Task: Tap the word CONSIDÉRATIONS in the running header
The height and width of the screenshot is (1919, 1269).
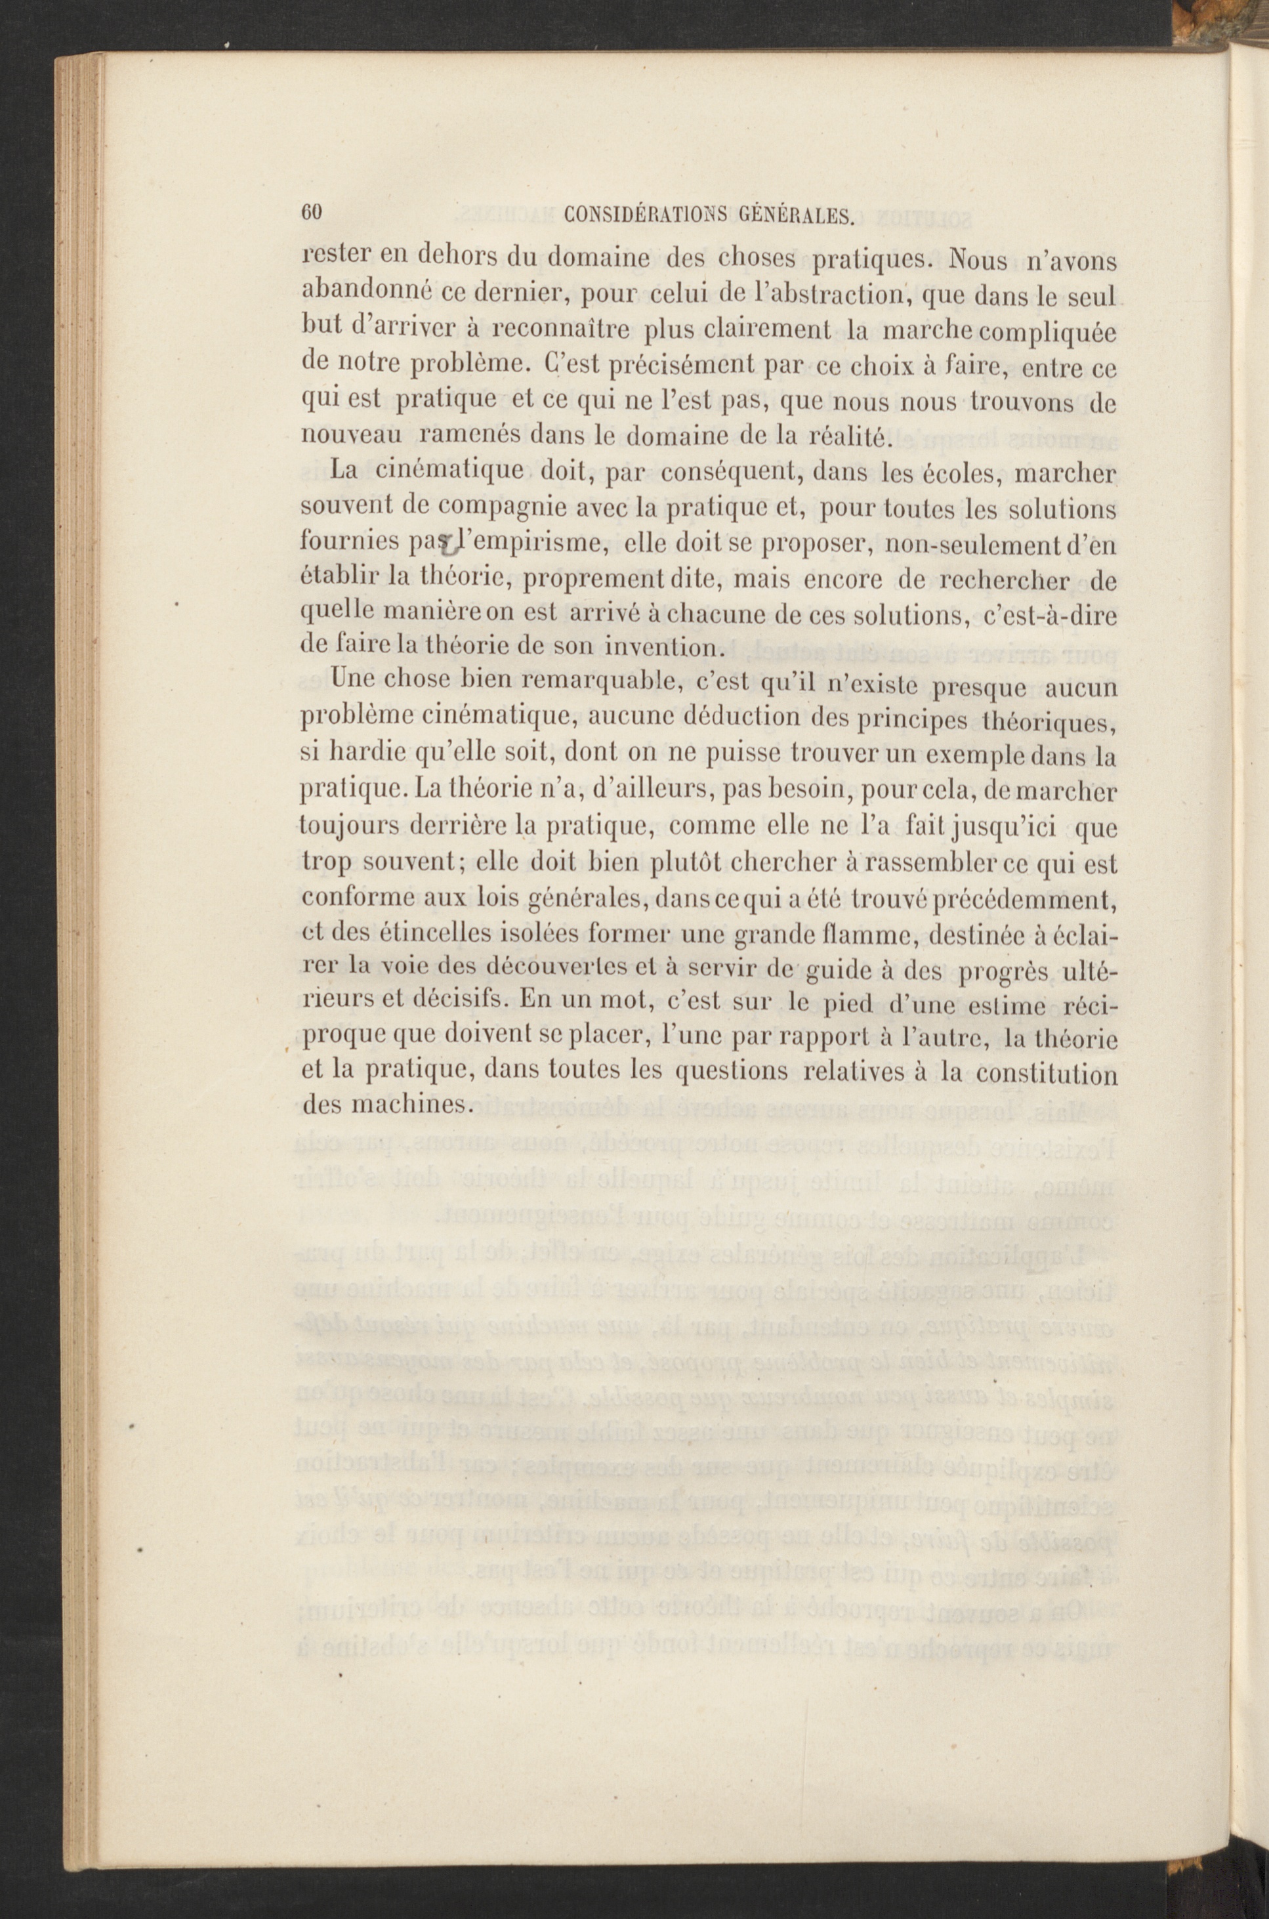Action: click(648, 215)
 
